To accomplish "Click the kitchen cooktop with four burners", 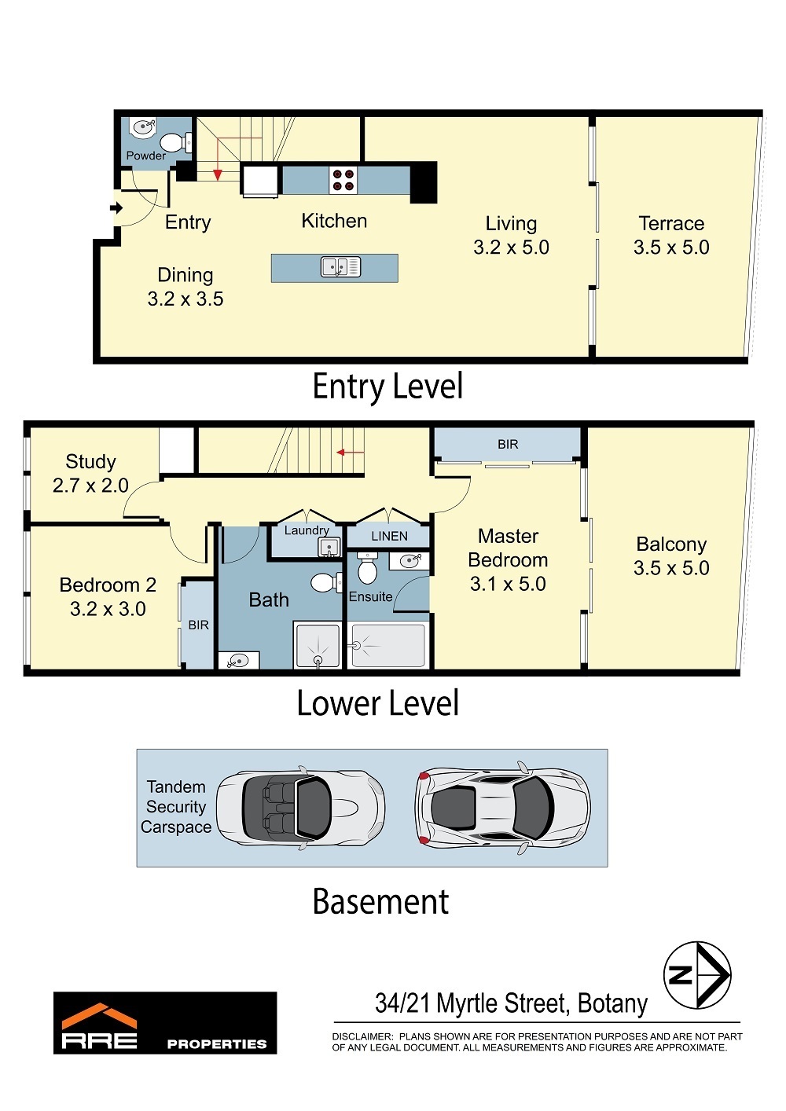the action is click(x=343, y=180).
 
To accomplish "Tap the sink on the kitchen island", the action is click(x=340, y=267).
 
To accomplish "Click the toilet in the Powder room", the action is click(x=175, y=143).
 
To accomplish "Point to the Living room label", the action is click(x=511, y=224).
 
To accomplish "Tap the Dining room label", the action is click(x=185, y=275).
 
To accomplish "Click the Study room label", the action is click(x=91, y=462).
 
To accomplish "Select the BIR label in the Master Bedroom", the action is click(x=508, y=445).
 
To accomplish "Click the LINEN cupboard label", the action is click(x=390, y=536).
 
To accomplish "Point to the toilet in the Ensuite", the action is click(x=367, y=568).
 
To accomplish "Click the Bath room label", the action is click(x=269, y=600).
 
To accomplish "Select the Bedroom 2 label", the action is click(x=108, y=585).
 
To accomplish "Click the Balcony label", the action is click(x=671, y=544).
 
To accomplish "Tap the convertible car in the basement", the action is click(x=300, y=808).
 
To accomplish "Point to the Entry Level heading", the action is click(x=387, y=387).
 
